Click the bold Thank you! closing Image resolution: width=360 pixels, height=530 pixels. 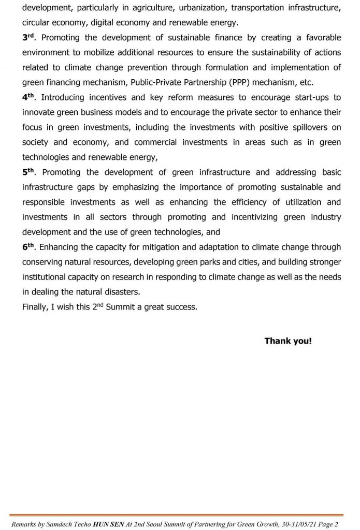point(288,341)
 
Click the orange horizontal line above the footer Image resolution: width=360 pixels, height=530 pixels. point(180,515)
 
